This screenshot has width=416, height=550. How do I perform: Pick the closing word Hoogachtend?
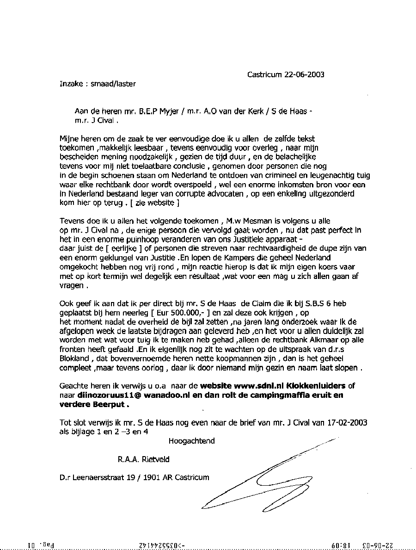click(x=191, y=441)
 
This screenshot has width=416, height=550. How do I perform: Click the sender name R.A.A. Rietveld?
click(x=143, y=459)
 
